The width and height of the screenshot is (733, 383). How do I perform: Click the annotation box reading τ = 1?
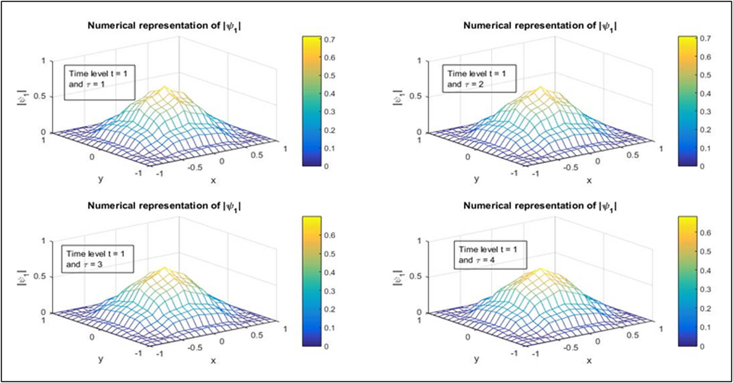[x=99, y=82]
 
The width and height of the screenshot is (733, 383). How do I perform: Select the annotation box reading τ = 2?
[x=479, y=79]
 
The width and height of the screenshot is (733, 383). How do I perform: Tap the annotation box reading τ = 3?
[x=97, y=259]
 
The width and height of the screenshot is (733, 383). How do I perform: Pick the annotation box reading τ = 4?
[x=490, y=255]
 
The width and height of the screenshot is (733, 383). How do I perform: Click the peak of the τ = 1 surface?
[x=164, y=86]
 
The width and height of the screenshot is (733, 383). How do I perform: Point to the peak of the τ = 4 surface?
[x=540, y=268]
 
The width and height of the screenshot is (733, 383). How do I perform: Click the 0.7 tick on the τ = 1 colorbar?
[x=329, y=39]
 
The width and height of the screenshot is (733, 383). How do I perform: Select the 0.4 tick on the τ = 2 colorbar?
[x=705, y=93]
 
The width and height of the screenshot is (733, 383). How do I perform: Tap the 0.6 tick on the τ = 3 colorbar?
[x=329, y=235]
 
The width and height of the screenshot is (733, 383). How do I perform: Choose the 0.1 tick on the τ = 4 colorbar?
[x=705, y=327]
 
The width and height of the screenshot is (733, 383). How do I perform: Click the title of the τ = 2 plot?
[x=540, y=26]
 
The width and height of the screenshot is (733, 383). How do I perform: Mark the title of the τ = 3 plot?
[x=164, y=206]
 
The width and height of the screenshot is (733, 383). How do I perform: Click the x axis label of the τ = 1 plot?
[x=213, y=180]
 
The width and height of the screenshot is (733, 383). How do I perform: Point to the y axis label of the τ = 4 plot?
[x=476, y=359]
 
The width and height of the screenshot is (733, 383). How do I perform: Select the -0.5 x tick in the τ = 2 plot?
[x=571, y=167]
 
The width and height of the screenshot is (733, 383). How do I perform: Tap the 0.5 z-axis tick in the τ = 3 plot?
[x=40, y=276]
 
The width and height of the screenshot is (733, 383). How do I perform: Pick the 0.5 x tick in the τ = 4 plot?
[x=633, y=335]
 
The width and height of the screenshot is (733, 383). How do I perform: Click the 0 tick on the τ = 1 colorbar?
[x=326, y=166]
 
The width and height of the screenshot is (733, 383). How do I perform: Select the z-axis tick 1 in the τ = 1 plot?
[x=43, y=61]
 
